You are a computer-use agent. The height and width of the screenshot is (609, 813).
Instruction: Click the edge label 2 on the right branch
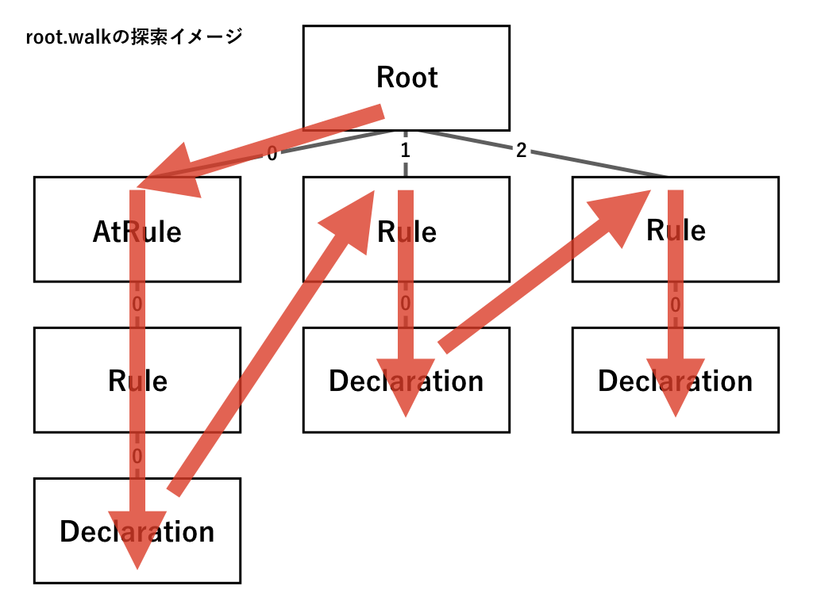(x=521, y=151)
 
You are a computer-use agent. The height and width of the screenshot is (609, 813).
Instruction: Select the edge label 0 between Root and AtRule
(x=272, y=155)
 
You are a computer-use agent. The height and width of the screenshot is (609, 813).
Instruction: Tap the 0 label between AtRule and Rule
(x=137, y=304)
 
